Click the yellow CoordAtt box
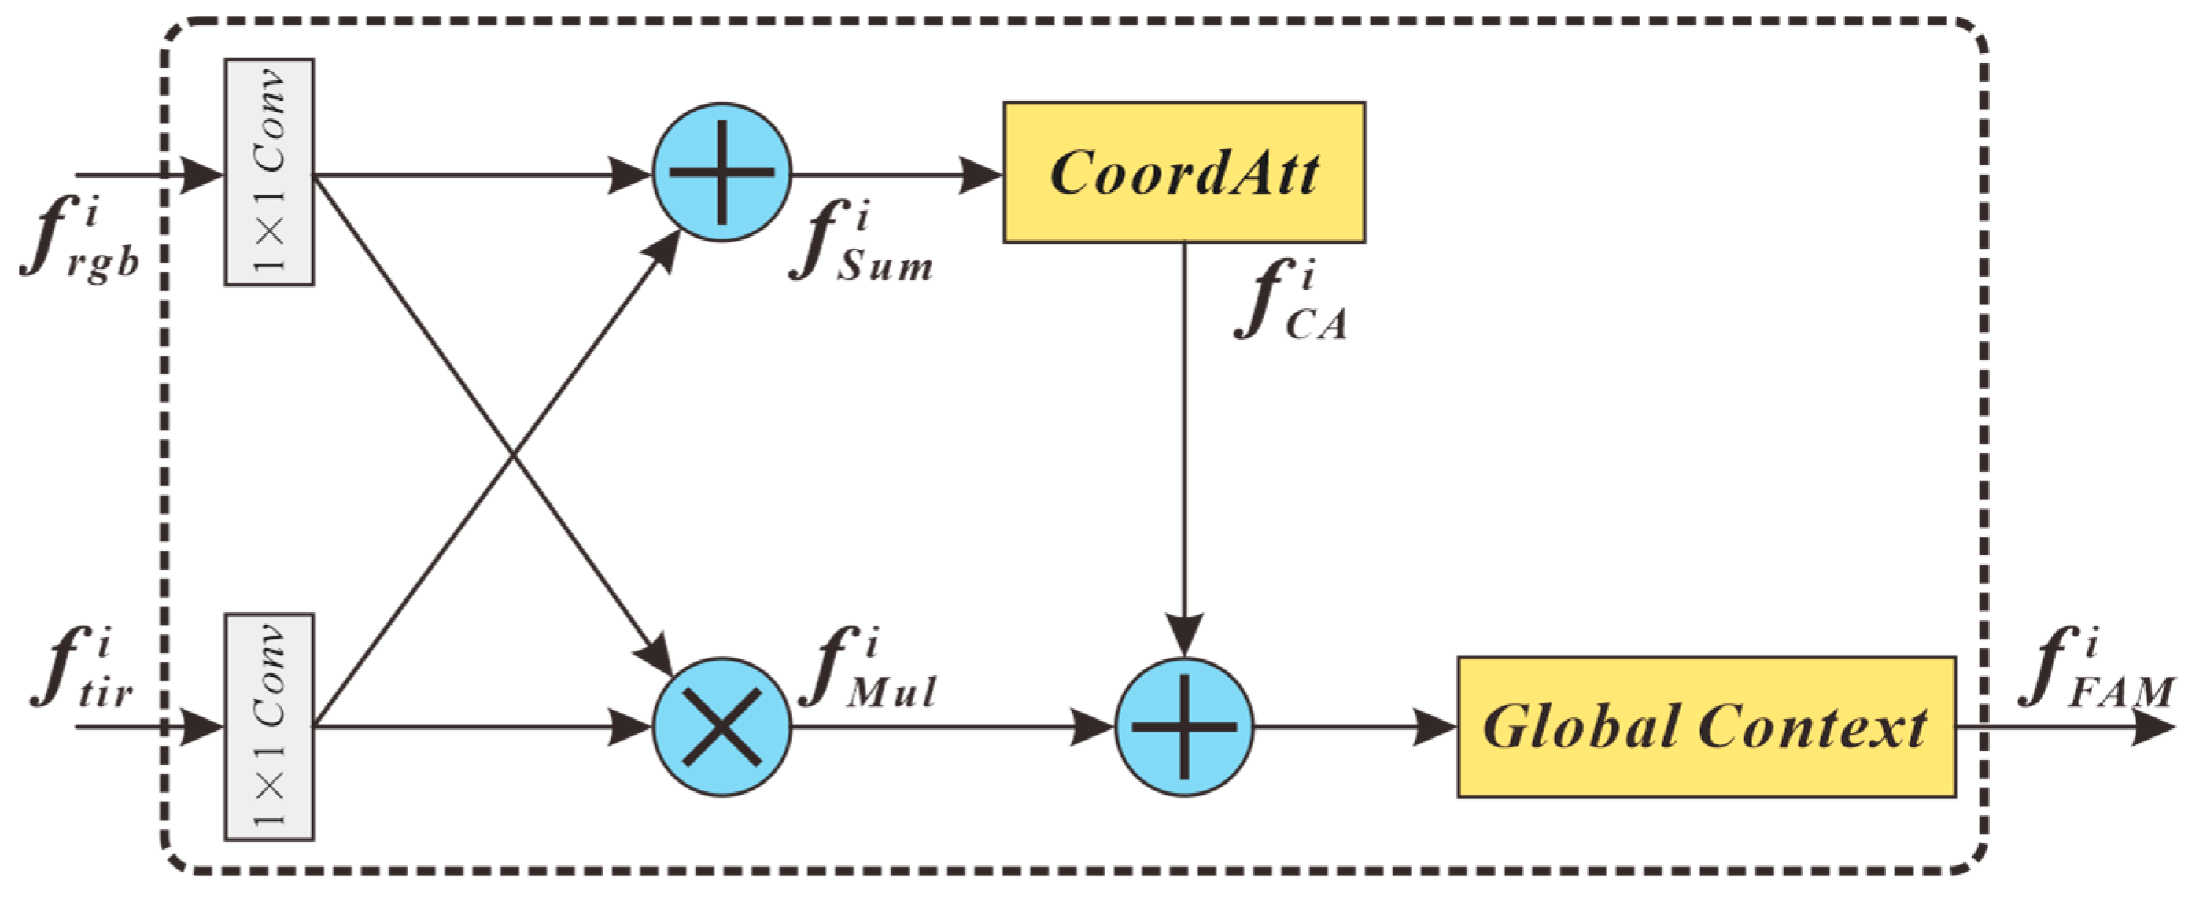(1183, 173)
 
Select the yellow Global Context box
(1706, 727)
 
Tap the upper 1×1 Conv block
(269, 173)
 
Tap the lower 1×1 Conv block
(269, 727)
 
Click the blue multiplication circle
(721, 727)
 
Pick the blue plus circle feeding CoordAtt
(721, 173)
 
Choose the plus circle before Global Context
(1183, 727)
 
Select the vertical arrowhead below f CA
(1183, 635)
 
